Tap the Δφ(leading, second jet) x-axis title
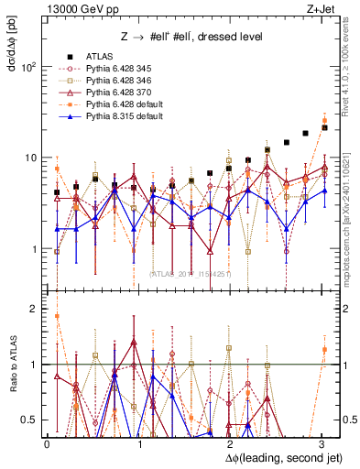(x=272, y=457)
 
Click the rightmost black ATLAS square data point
(x=324, y=128)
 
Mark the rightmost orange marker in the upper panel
(x=324, y=121)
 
